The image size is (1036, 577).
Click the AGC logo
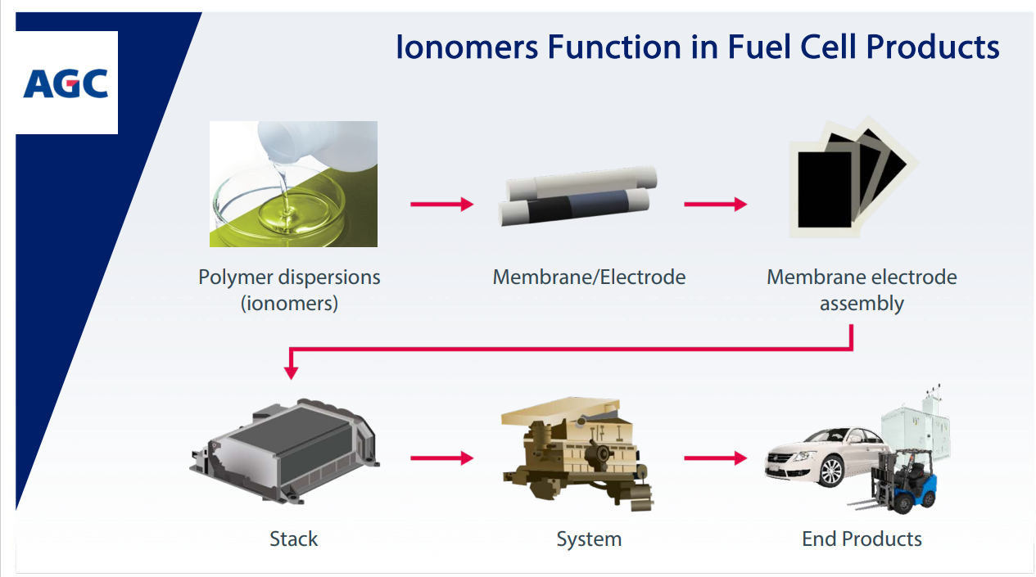(x=66, y=83)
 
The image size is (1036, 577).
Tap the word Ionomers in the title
(x=467, y=47)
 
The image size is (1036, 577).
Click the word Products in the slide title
(x=933, y=47)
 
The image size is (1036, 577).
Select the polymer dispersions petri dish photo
(x=293, y=183)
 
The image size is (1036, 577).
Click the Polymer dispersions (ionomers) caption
(x=289, y=290)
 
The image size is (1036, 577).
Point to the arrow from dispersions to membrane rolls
(x=441, y=204)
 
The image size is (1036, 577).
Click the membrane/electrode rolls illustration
(x=578, y=196)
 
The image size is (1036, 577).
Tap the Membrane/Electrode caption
(x=589, y=277)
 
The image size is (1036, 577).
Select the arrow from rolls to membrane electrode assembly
(x=716, y=204)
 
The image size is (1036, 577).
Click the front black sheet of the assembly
(x=825, y=190)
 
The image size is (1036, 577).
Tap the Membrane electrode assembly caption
(x=862, y=290)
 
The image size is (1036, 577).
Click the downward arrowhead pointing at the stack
(x=291, y=372)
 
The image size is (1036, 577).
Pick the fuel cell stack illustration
(x=284, y=451)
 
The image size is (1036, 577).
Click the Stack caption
(x=294, y=539)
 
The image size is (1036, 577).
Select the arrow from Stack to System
(x=441, y=458)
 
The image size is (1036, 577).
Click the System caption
(x=589, y=539)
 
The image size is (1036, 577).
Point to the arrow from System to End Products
(x=716, y=458)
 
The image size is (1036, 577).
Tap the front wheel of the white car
(x=830, y=471)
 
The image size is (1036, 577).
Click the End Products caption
(x=862, y=539)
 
